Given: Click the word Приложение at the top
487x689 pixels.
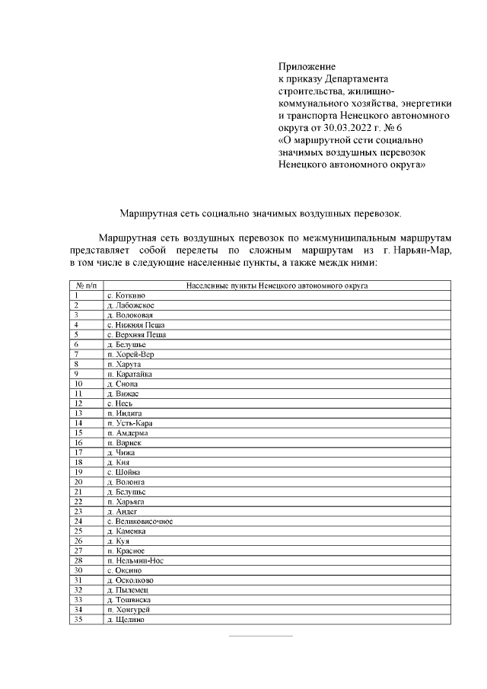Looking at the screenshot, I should (x=307, y=67).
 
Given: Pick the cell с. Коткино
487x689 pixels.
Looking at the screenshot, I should (x=126, y=295).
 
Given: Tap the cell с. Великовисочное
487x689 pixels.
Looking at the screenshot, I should (x=140, y=522).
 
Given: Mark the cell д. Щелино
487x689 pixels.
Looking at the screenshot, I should (x=126, y=619).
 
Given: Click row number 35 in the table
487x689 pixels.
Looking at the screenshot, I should (x=78, y=619).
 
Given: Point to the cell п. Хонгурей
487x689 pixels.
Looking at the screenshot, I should (x=128, y=610).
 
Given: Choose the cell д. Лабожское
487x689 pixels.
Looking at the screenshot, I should (x=129, y=305).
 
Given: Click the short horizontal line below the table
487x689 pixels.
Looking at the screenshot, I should (x=261, y=636).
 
